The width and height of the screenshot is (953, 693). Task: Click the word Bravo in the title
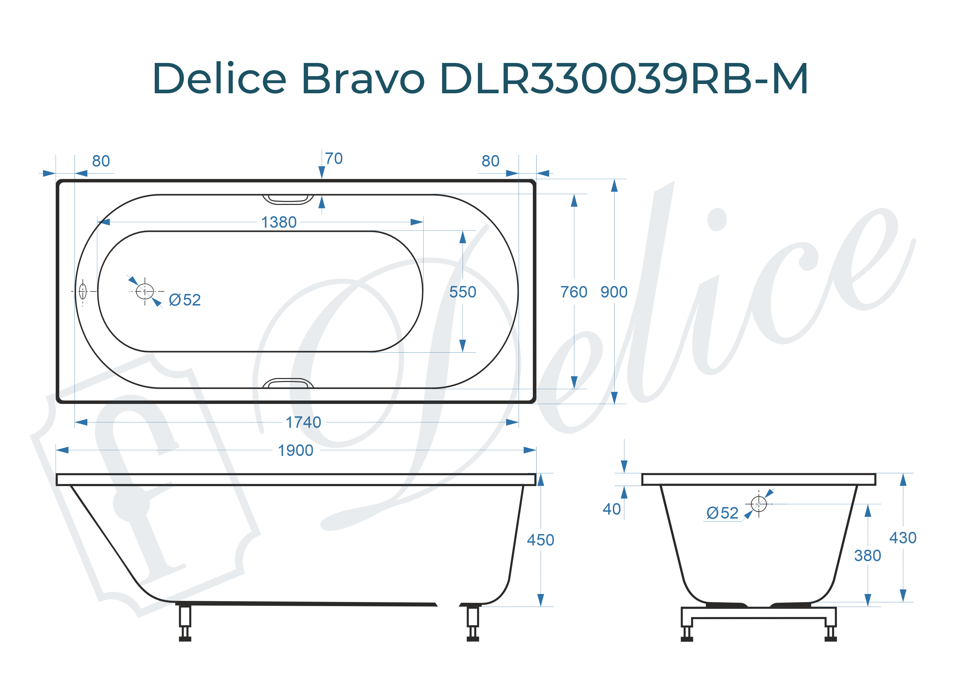coord(363,79)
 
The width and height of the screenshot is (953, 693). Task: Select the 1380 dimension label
coord(279,222)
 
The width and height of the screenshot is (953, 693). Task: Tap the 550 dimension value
coord(463,292)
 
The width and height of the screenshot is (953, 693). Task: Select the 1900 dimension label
coord(295,450)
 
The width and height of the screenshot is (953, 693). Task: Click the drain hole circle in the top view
coord(145,291)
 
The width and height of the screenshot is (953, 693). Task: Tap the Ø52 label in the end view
coord(722,513)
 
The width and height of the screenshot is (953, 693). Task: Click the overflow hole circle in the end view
coord(759,504)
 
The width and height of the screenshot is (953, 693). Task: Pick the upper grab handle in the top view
coord(288,199)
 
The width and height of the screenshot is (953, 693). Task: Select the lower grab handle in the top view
coord(288,383)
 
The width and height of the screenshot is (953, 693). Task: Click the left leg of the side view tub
coord(185,622)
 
